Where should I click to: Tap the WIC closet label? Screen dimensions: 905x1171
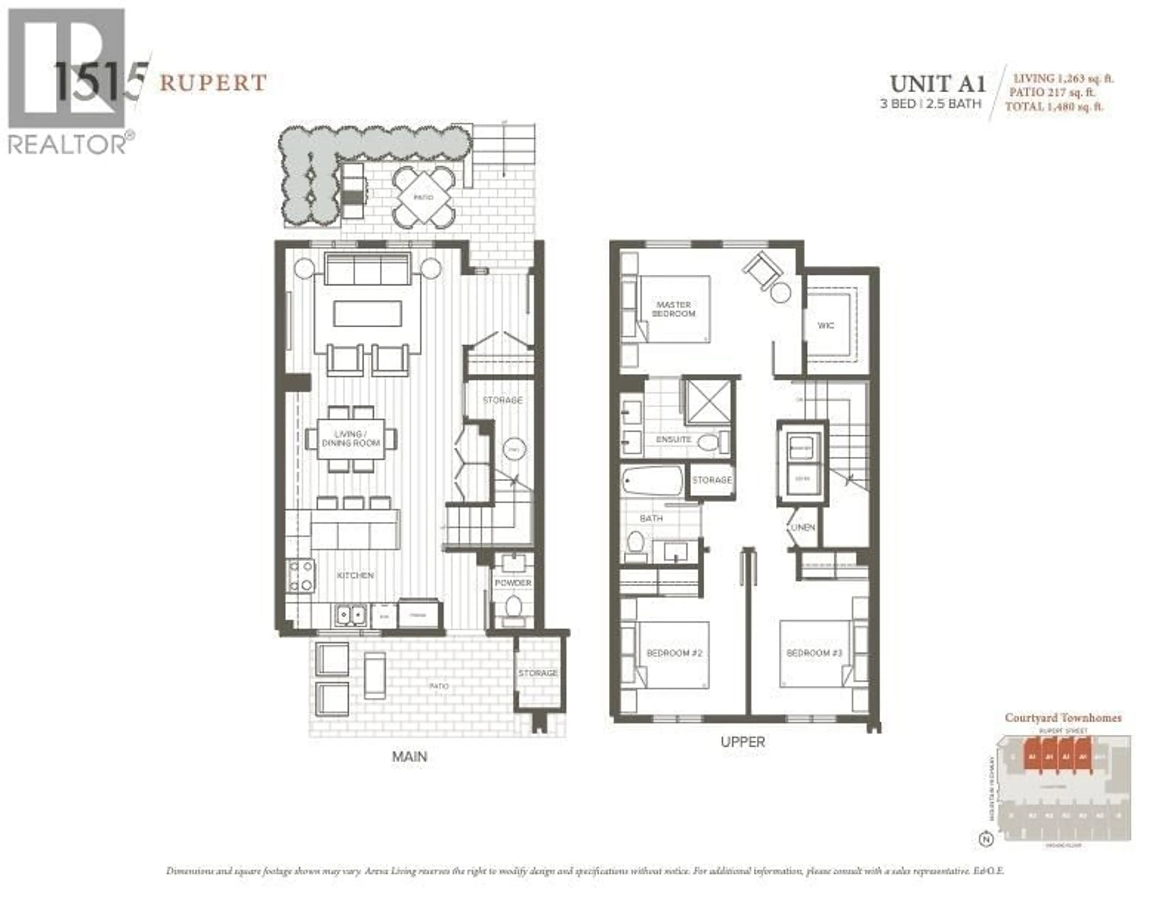tap(826, 325)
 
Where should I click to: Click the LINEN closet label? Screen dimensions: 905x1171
tap(803, 527)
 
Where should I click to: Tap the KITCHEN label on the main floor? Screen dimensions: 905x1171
tap(355, 575)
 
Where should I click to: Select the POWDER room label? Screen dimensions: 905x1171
tap(513, 583)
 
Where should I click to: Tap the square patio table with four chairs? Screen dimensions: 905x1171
tap(424, 197)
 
